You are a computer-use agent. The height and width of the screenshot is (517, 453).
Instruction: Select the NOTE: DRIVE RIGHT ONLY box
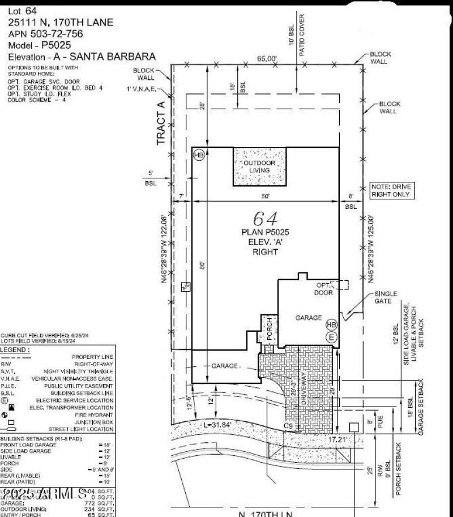point(390,190)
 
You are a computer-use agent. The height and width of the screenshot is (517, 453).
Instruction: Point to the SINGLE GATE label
point(386,298)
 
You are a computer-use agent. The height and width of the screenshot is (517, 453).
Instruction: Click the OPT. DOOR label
point(323,289)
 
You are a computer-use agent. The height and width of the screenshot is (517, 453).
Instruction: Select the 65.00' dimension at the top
point(267,58)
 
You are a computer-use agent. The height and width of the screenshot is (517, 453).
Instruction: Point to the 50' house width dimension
point(266,196)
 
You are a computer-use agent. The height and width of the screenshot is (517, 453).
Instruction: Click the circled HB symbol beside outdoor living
point(198,155)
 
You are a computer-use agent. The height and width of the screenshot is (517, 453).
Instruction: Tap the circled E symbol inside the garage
point(331,337)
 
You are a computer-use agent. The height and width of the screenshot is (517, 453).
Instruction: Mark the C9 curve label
point(288,425)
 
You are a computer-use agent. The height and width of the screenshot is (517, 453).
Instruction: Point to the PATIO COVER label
point(302,32)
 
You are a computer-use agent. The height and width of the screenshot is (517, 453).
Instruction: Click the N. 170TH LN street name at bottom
point(266,514)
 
